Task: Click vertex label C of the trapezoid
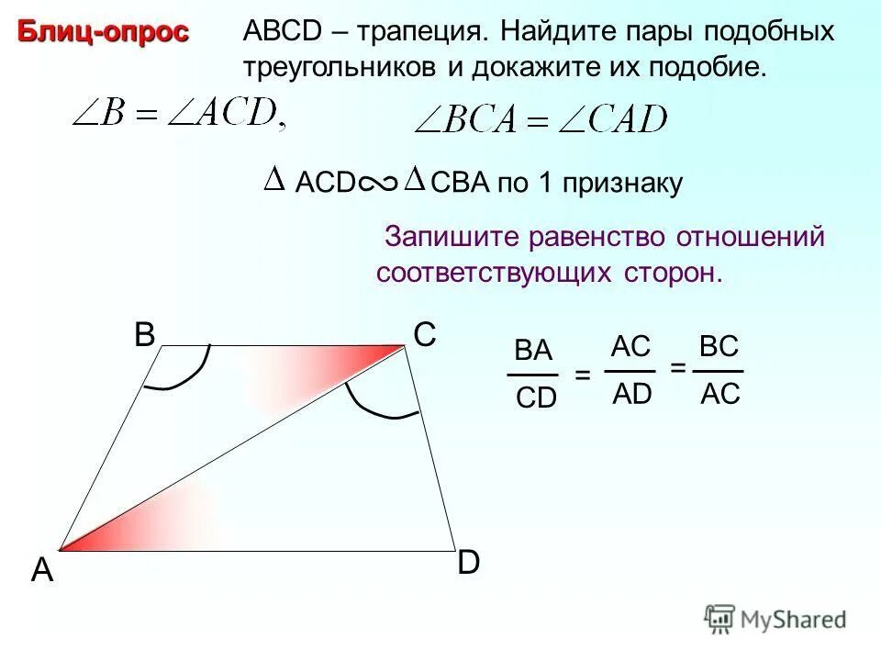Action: pos(424,336)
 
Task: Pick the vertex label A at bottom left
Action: pos(41,571)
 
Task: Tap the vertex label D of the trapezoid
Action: pos(468,563)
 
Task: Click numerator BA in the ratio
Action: pos(533,352)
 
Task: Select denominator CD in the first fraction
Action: pos(536,399)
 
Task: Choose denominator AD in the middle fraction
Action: pos(631,394)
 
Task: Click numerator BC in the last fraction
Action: pos(719,347)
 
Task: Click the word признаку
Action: pos(624,184)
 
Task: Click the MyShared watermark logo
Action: pos(775,619)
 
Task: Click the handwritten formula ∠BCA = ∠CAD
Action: pos(541,120)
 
